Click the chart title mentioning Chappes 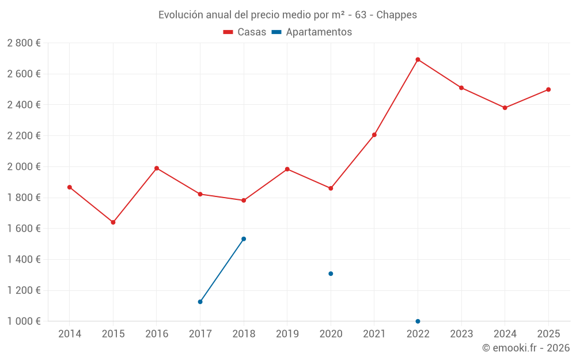point(287,15)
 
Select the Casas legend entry point(245,32)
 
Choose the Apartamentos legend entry point(312,32)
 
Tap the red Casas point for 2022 point(418,59)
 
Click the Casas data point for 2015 point(113,222)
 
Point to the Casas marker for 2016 point(157,168)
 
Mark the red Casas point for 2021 point(374,135)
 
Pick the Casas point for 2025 point(548,89)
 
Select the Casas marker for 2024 point(505,108)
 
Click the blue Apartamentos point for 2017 point(200,302)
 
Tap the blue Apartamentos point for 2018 point(244,239)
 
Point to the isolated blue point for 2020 point(331,274)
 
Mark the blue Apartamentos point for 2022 point(418,321)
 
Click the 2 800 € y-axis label point(24,43)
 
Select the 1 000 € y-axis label point(24,321)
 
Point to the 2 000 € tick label point(24,166)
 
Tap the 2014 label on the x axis point(70,334)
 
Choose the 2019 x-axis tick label point(287,334)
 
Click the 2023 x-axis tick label point(461,334)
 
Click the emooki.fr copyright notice point(526,348)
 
